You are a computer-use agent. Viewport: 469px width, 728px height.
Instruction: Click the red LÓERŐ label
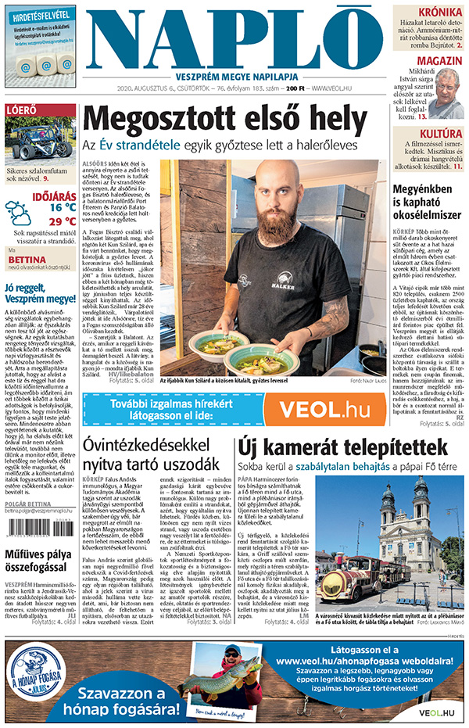(21, 110)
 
